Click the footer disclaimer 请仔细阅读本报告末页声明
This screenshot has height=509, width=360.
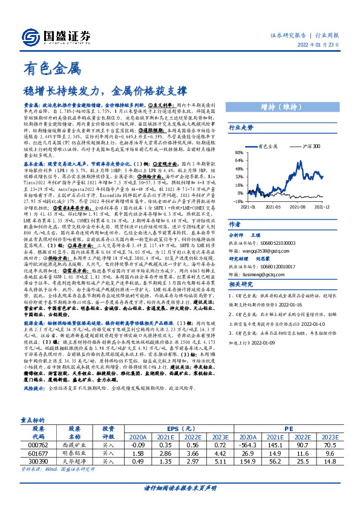coord(180,497)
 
